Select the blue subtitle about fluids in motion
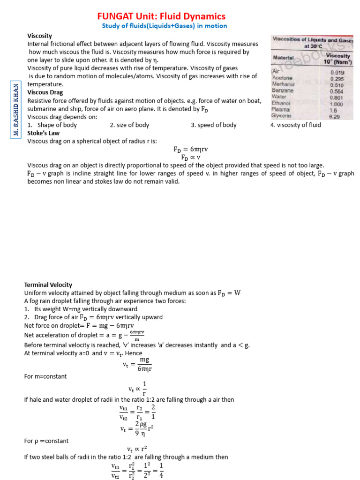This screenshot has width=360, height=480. tap(164, 26)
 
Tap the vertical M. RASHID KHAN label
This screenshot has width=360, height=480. tap(16, 110)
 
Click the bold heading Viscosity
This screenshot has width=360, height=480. tap(39, 36)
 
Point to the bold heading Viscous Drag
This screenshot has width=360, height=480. tap(45, 93)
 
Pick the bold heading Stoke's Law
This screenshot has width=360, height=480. tap(43, 133)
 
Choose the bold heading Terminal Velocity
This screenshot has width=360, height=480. tap(48, 285)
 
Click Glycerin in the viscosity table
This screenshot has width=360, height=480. tap(281, 115)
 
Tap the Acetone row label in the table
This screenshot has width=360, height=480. tap(282, 78)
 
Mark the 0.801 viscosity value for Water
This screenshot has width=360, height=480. tap(336, 97)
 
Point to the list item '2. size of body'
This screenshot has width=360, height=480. tap(129, 125)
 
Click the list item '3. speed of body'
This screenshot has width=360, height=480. tap(214, 125)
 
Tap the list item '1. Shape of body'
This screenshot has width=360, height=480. tap(52, 125)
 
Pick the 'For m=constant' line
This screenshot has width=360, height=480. tap(45, 376)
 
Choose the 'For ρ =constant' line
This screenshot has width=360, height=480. tap(46, 441)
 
